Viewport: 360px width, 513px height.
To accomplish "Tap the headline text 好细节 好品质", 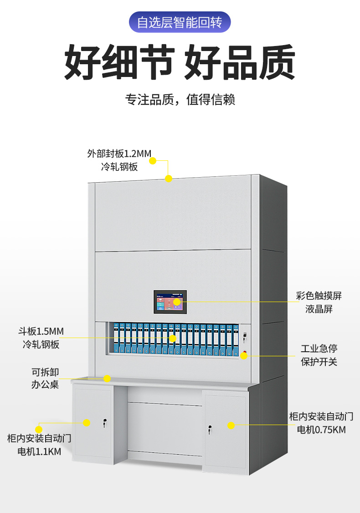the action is pos(180,62).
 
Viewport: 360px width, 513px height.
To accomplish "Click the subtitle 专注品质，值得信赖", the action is pos(180,99).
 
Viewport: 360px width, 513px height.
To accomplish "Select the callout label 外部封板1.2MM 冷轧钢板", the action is pos(119,160).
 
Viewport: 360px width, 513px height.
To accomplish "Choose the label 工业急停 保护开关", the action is pos(319,355).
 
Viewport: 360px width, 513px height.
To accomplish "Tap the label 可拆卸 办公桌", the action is pos(45,378).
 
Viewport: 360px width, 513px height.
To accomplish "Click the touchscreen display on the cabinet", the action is pos(170,302).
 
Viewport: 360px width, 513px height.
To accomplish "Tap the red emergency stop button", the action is pos(245,354).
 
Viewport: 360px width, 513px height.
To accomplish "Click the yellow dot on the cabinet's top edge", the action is pos(169,179).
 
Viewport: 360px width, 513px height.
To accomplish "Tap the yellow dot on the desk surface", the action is pos(107,379).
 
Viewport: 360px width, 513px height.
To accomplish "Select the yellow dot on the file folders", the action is pos(173,339).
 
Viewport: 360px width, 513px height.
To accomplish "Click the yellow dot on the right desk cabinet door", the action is pos(231,426).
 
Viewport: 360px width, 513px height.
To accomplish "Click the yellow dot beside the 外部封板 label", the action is pos(153,160).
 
